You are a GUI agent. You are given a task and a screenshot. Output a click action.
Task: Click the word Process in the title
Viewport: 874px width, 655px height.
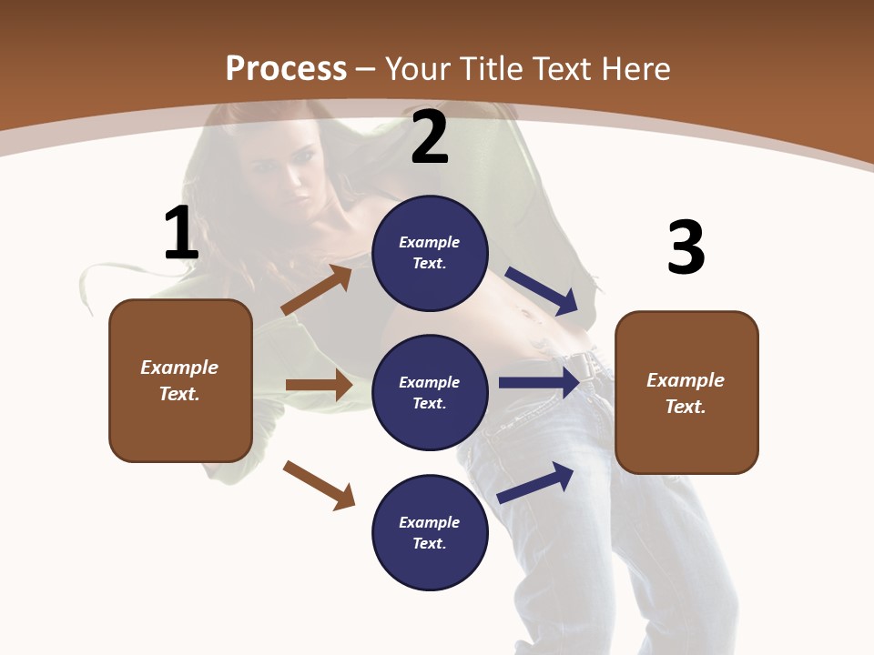pos(286,69)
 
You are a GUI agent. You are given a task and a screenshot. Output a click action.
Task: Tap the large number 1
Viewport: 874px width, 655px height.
pos(181,234)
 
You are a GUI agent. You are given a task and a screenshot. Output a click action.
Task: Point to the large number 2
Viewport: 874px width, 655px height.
pos(430,138)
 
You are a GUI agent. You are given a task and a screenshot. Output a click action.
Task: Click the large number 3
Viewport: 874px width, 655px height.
pos(686,247)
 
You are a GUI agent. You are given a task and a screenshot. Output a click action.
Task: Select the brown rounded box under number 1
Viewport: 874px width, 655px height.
pos(180,380)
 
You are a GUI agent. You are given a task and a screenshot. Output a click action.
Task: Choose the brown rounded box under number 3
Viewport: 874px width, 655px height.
pos(686,392)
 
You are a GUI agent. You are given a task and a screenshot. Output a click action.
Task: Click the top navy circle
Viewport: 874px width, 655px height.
pos(430,253)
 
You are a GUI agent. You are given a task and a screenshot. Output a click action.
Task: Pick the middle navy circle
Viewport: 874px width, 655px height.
pos(430,392)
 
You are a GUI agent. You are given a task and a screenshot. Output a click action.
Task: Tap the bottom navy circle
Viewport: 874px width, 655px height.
pos(430,532)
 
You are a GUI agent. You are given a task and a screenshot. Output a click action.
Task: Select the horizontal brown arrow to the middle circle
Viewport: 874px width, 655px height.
pos(319,385)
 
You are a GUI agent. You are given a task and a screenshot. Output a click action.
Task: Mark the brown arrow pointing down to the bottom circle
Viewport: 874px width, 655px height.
pos(319,485)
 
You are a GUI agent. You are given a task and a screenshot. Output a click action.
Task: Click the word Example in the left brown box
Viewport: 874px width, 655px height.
pos(179,368)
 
